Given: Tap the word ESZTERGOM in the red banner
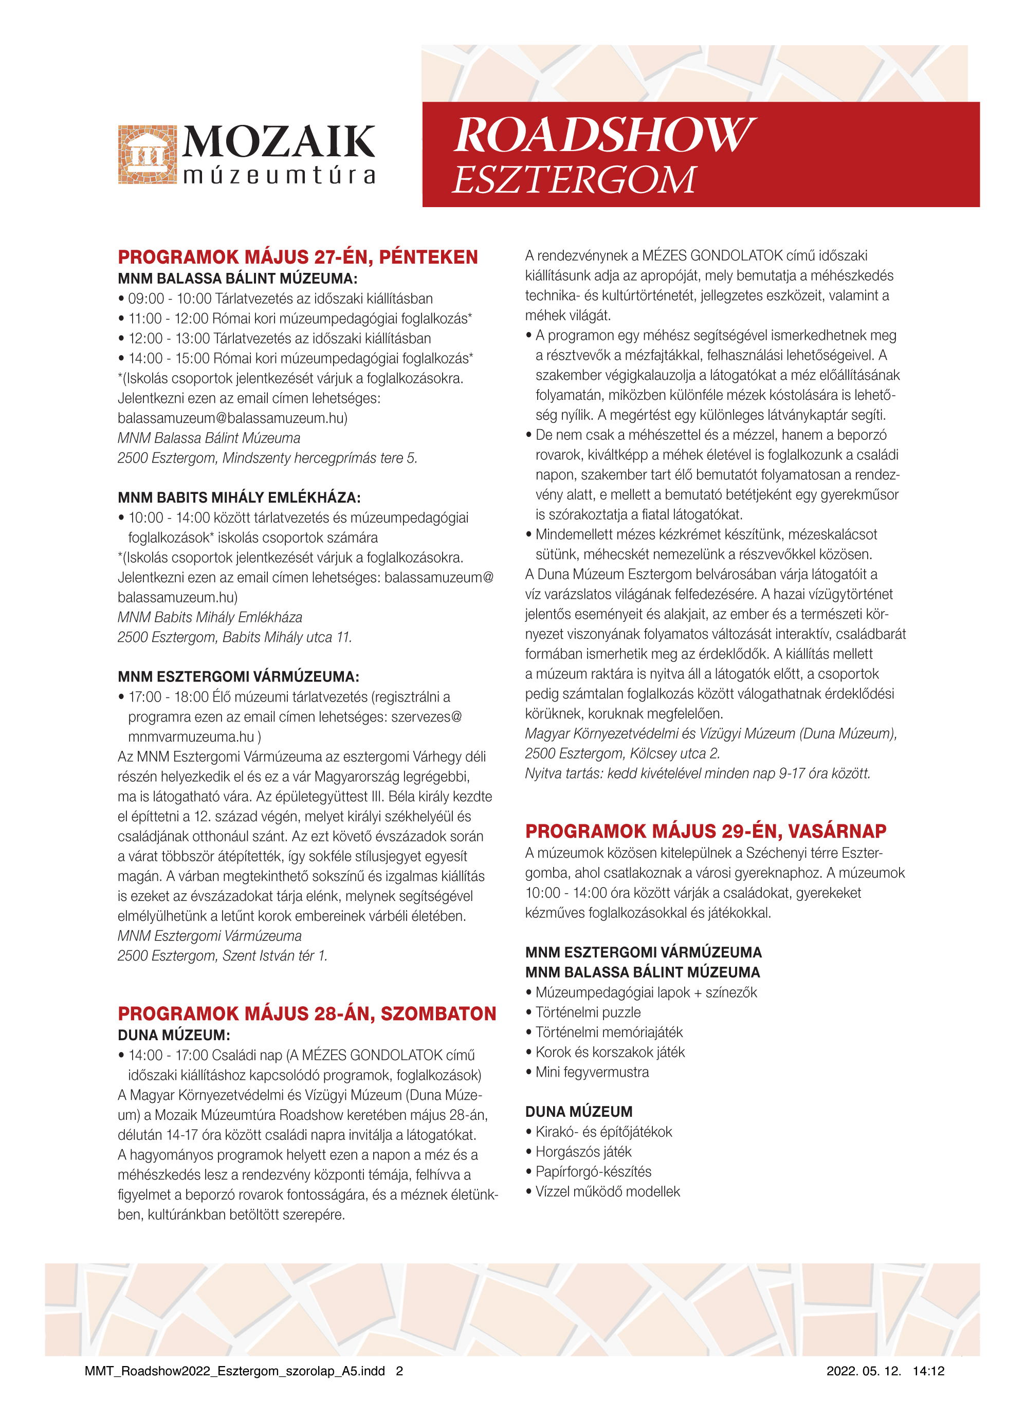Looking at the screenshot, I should tap(574, 180).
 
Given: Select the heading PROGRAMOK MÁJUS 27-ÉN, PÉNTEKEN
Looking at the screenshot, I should tap(298, 257).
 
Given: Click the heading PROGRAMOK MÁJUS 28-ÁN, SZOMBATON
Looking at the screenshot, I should tap(307, 1013).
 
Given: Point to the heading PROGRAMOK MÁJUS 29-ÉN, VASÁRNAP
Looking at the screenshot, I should tap(705, 831).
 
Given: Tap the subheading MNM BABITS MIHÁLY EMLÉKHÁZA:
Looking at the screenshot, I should tap(239, 497).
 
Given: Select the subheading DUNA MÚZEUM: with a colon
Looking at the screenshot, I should tap(174, 1035).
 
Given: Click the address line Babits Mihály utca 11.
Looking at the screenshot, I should tap(234, 637).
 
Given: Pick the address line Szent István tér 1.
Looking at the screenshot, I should tap(222, 956).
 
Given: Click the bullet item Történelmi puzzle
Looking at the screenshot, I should tap(588, 1012).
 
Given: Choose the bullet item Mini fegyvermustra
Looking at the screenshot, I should tap(592, 1072).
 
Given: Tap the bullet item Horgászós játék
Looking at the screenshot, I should tap(583, 1152).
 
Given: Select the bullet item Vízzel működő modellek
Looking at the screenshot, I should tap(608, 1191).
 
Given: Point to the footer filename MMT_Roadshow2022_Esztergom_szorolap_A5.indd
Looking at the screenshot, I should tap(234, 1371).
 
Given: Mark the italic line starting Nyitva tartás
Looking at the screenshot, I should tap(698, 773).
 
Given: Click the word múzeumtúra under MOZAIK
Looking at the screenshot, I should tap(279, 176).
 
